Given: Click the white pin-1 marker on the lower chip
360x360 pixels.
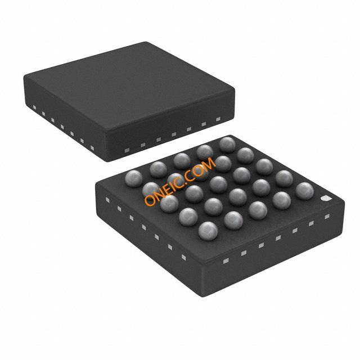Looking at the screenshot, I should coord(326,199).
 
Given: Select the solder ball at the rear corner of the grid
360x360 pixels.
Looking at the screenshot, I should coord(227,144).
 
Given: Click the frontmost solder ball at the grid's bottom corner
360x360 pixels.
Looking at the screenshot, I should coord(208,229).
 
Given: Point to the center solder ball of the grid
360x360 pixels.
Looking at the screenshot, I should coord(218,184).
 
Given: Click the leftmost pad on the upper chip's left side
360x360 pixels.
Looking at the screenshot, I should coord(34,106).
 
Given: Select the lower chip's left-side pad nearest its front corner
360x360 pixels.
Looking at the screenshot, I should coord(183,258).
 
